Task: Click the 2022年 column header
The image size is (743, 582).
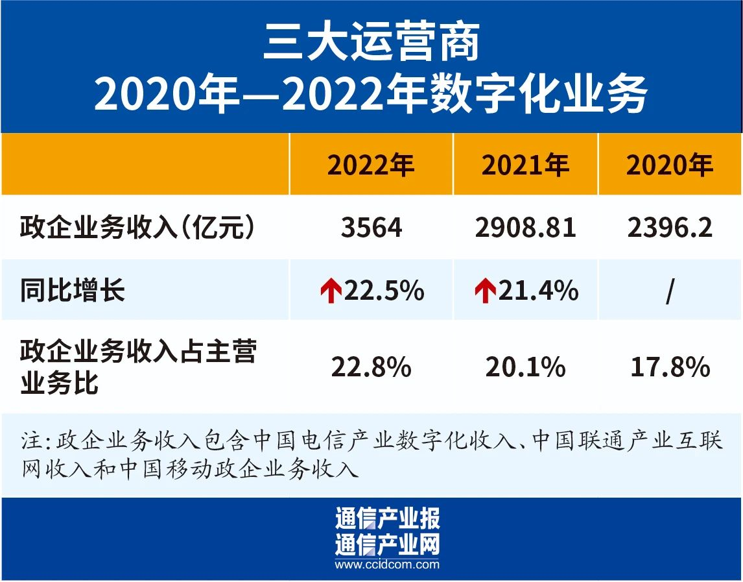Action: point(370,166)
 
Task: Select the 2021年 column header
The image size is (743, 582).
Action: point(525,166)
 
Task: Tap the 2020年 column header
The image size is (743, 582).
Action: point(670,166)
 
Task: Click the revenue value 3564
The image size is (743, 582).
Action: point(371,228)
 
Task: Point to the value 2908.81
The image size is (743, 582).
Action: point(525,228)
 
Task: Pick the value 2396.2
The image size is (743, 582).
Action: point(670,228)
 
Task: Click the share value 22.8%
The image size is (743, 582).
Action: point(371,368)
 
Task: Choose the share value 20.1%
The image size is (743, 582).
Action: point(525,368)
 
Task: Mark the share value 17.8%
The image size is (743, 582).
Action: point(670,368)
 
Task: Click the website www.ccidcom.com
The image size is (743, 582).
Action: point(387,564)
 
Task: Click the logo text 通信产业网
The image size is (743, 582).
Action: point(387,544)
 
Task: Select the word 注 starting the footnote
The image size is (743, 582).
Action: point(30,442)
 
